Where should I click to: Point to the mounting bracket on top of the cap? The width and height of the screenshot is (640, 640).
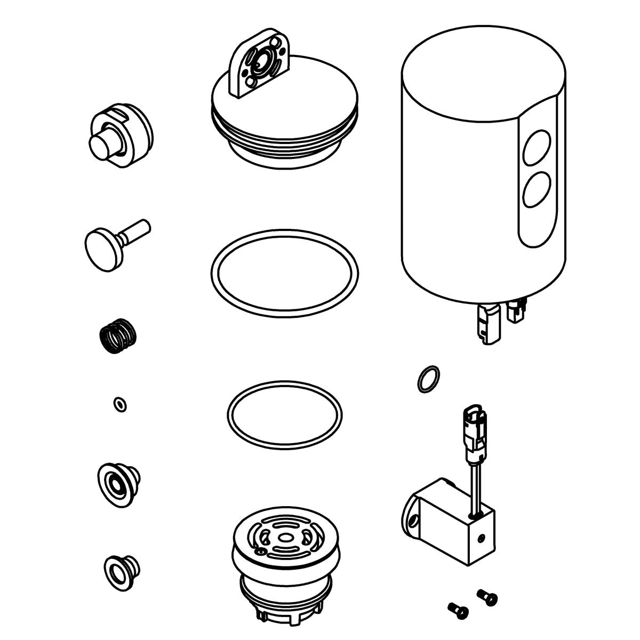coord(257,70)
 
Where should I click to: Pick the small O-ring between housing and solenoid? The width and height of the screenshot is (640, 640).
coord(428,379)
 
